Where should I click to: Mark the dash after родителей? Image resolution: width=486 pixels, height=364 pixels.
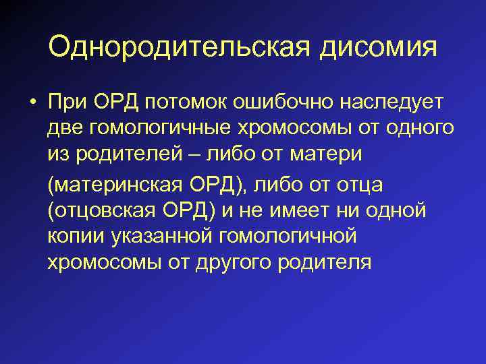coord(200,155)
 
